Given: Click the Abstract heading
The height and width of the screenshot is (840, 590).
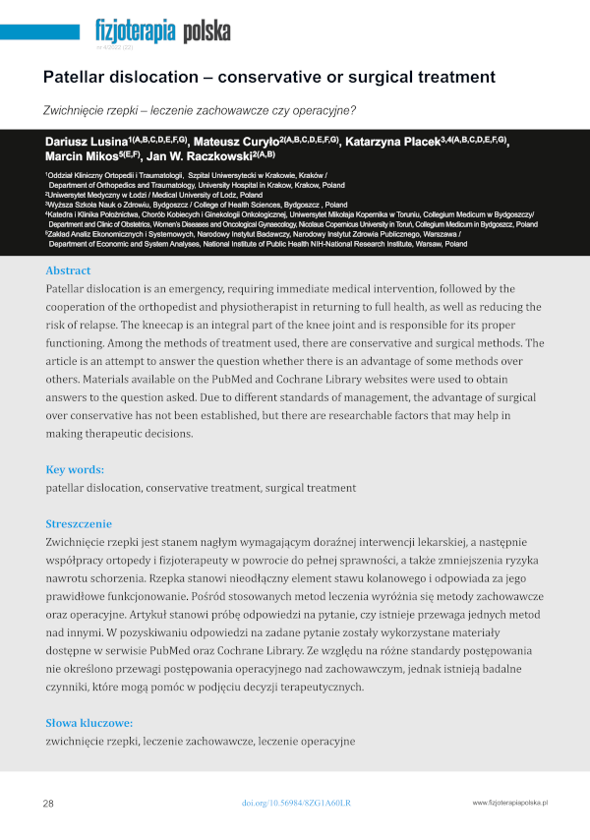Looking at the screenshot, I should [x=68, y=270].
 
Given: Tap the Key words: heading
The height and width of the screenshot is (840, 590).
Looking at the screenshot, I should [x=74, y=470].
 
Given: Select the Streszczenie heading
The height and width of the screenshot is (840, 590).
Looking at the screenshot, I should [x=79, y=524].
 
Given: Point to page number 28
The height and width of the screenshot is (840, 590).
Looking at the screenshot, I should [x=48, y=804].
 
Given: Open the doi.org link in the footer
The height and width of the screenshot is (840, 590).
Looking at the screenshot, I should [x=295, y=804].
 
